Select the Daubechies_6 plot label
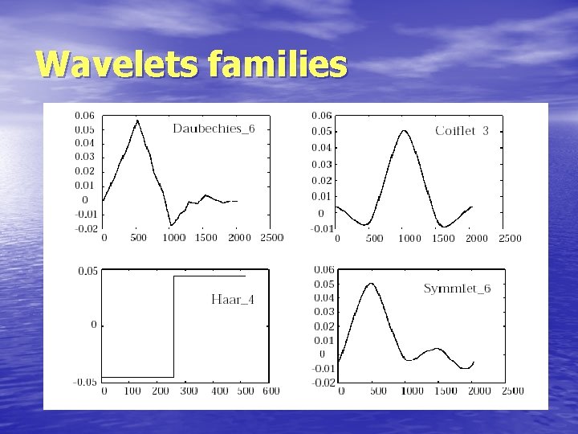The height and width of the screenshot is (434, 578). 214,129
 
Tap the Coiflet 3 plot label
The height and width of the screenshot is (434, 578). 462,130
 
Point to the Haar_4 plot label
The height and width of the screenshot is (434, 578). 232,299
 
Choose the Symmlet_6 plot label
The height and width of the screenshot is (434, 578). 457,289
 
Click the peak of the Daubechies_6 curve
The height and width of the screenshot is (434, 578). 137,121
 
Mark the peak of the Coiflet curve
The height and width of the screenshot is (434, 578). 405,131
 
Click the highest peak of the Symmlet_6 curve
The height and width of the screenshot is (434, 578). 370,283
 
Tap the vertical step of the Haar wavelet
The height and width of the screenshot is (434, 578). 174,325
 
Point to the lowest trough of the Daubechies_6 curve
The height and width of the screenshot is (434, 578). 170,225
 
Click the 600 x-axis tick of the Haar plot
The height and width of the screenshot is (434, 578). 271,391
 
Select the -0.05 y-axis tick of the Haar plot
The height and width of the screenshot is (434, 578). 86,382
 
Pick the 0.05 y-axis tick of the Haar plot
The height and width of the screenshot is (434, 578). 88,272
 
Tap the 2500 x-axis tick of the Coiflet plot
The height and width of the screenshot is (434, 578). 510,239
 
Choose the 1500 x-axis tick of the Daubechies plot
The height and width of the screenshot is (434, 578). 205,239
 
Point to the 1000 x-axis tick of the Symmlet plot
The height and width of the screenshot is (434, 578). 411,391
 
